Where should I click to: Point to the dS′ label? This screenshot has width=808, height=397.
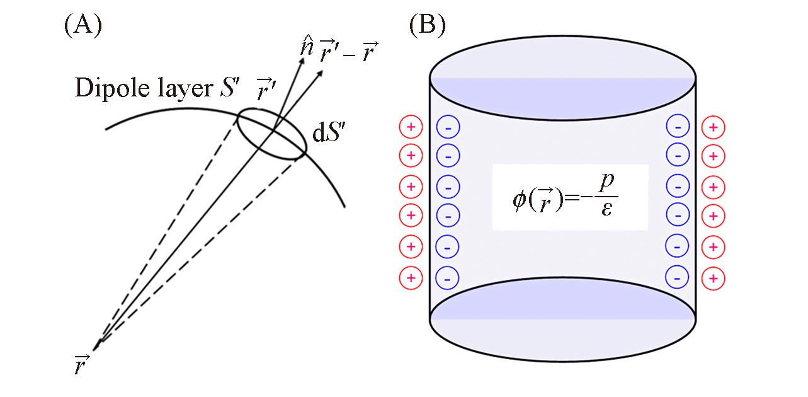pyautogui.click(x=328, y=132)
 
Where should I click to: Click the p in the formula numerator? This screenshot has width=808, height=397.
pyautogui.click(x=606, y=182)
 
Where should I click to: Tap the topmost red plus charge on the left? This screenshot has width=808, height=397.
pyautogui.click(x=411, y=127)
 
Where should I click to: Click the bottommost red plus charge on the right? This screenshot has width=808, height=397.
pyautogui.click(x=713, y=277)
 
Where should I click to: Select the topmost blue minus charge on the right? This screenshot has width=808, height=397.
pyautogui.click(x=678, y=127)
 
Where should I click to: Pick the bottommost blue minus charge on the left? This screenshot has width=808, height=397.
pyautogui.click(x=447, y=277)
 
